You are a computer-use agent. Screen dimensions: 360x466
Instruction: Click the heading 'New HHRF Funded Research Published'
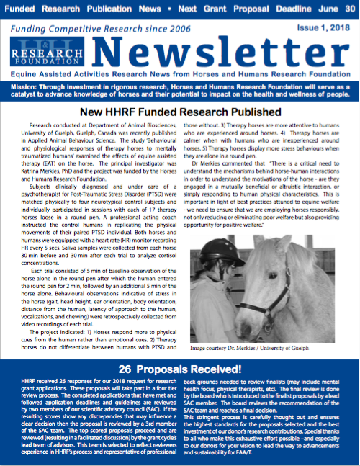pos(180,113)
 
